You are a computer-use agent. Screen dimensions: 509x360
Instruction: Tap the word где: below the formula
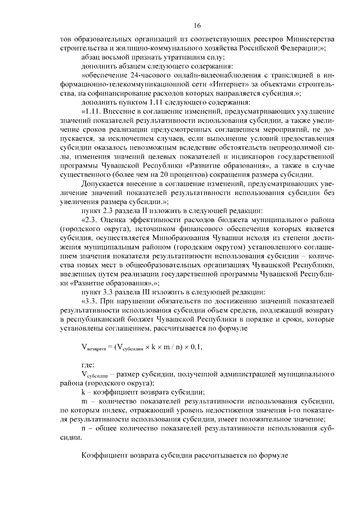tap(88, 365)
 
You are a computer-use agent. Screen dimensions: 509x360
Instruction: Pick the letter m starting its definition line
tap(84, 401)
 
